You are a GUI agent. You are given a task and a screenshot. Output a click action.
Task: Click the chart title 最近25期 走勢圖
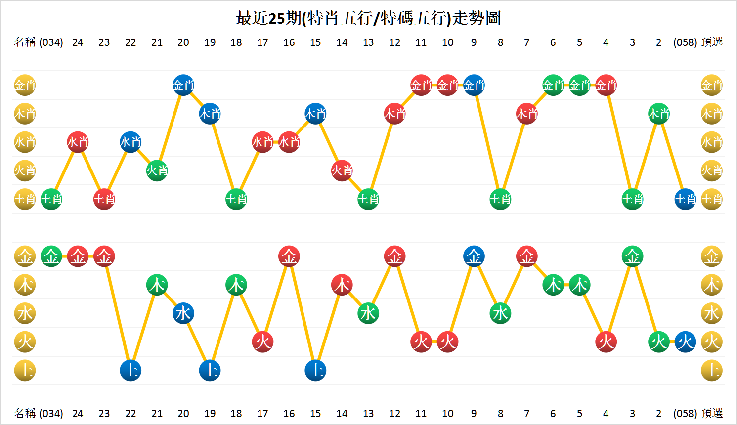tap(368, 18)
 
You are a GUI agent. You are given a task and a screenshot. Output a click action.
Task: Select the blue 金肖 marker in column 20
tap(183, 85)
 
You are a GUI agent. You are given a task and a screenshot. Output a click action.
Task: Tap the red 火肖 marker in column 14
tap(342, 171)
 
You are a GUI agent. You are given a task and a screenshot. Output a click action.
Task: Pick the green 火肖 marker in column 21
tap(157, 171)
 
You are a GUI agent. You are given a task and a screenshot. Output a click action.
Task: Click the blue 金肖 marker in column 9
tap(474, 85)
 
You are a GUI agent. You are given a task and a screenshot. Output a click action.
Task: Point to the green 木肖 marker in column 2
tap(659, 114)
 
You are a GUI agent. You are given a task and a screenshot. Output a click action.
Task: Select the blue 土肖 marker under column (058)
tap(685, 199)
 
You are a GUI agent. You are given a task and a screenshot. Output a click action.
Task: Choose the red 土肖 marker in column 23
tap(104, 199)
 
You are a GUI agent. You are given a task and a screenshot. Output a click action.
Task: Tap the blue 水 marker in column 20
tap(183, 313)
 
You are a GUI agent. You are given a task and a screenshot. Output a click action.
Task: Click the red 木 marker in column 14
tap(342, 285)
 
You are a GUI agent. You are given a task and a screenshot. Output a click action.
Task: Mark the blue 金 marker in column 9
tap(474, 256)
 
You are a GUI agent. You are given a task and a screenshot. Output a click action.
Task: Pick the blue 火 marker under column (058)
tap(685, 342)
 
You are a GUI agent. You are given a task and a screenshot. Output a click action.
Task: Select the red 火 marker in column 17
tap(262, 342)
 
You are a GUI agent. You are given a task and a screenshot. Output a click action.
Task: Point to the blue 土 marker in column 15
tap(315, 371)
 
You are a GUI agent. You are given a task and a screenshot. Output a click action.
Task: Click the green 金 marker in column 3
tap(632, 256)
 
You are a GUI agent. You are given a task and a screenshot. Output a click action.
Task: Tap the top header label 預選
tap(712, 42)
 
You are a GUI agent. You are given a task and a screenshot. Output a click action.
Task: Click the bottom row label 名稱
tap(25, 413)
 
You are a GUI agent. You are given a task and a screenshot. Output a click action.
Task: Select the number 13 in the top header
tap(368, 42)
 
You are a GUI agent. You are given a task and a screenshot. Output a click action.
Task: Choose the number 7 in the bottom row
tap(526, 413)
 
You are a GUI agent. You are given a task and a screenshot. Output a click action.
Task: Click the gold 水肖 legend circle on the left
tap(25, 142)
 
